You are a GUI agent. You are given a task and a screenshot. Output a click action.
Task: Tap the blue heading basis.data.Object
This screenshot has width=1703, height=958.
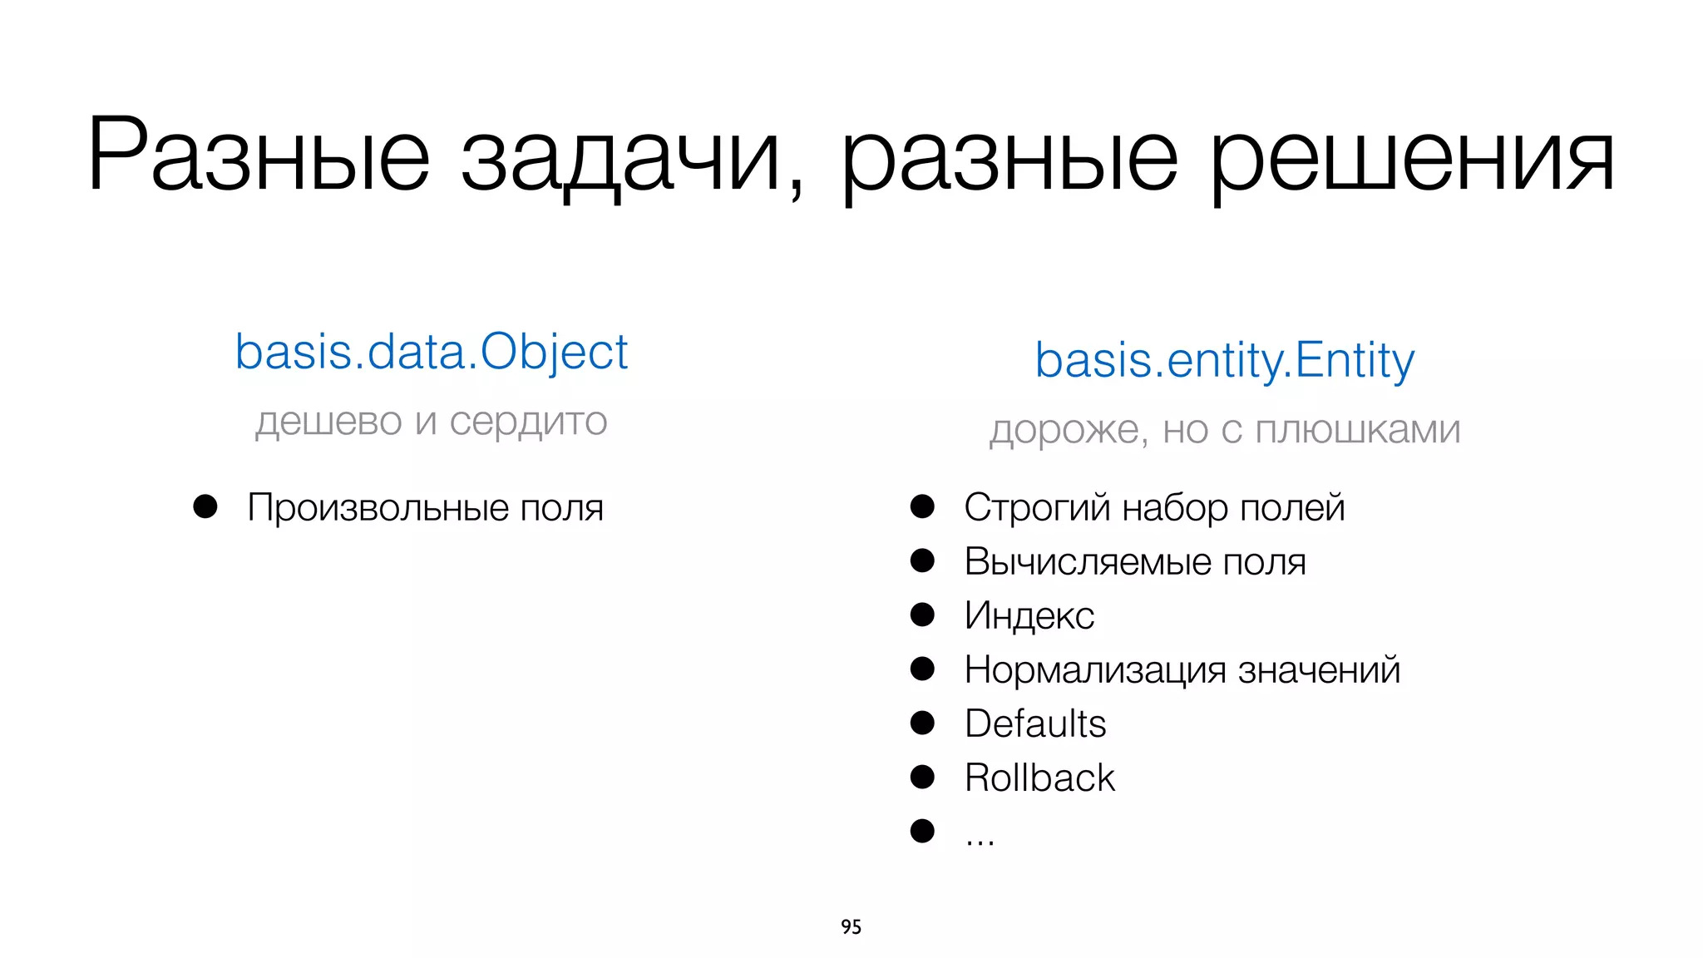432,352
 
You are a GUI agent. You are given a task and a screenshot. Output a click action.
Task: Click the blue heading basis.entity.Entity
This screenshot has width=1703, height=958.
1224,360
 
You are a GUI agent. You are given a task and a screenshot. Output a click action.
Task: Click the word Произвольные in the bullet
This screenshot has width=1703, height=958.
378,507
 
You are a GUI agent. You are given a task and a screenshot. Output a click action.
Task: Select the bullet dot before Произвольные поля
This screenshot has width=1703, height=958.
205,506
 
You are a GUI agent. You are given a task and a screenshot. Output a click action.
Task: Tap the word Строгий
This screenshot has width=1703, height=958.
1037,507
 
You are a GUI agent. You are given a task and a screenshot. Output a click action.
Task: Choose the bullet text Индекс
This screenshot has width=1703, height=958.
1029,615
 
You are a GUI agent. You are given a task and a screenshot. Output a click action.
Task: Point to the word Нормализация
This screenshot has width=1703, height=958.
1094,670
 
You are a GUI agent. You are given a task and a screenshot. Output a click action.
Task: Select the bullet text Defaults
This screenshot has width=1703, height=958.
1035,723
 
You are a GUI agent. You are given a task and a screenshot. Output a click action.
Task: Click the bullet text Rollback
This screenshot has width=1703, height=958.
1039,778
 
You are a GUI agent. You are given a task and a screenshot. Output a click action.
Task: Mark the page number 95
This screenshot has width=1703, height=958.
851,926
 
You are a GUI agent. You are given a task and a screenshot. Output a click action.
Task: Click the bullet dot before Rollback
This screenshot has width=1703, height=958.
922,777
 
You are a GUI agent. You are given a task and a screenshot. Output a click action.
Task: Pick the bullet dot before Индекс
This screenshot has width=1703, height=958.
922,615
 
